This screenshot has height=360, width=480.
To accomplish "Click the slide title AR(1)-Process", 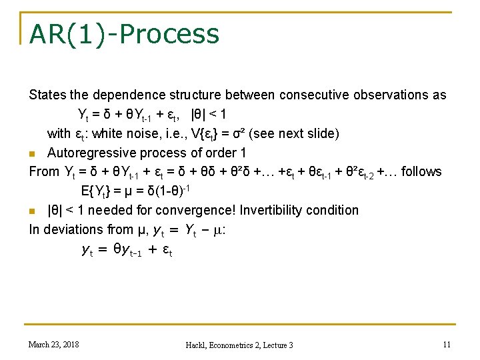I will (124, 34).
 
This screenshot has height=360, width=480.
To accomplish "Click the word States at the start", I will (47, 95).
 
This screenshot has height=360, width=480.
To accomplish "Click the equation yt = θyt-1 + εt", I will (126, 251).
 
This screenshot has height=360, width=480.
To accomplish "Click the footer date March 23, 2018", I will (53, 344).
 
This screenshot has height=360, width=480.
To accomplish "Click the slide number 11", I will (447, 344).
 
